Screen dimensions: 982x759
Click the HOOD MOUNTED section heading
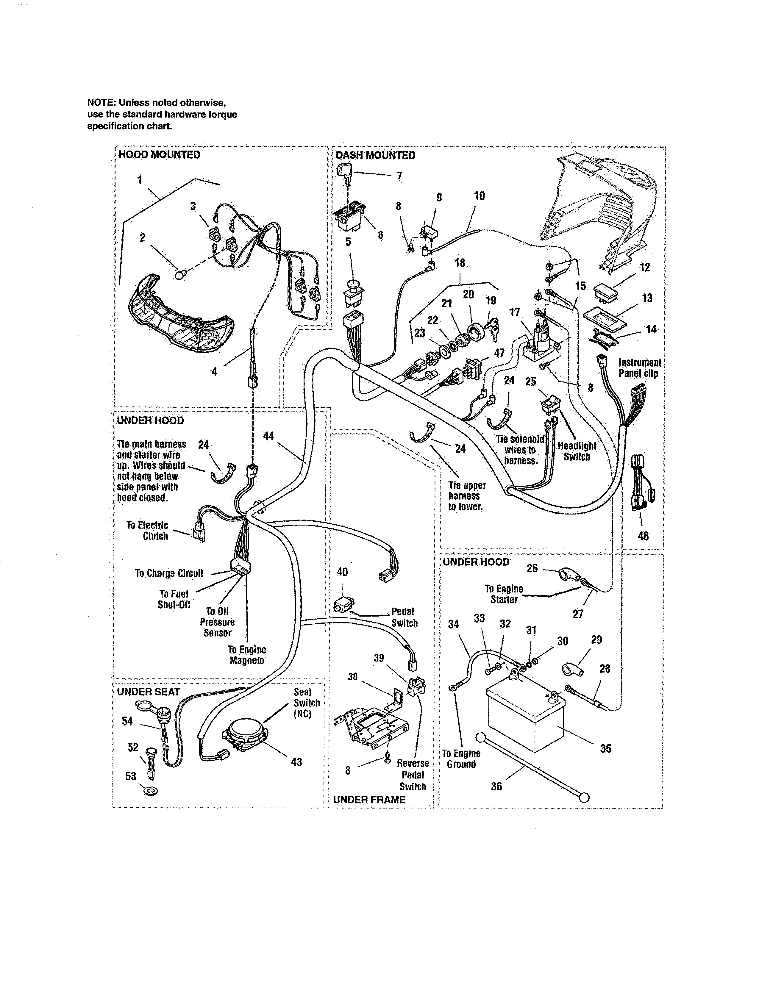[x=159, y=155]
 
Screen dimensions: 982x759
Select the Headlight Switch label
[x=577, y=451]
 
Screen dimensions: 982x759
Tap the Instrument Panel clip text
[x=639, y=368]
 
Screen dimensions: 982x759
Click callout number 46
[x=643, y=536]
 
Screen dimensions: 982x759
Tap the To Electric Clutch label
[x=147, y=531]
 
